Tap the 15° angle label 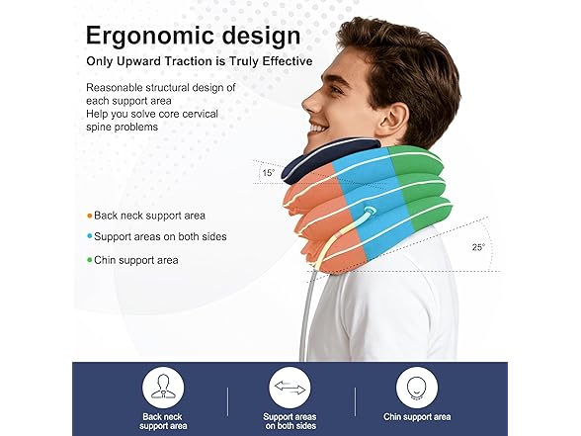[267, 174]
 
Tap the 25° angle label [477, 247]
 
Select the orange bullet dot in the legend [90, 215]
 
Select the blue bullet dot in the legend [90, 237]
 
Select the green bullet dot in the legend [90, 260]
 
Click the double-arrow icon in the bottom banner [290, 387]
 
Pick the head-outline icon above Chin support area [417, 387]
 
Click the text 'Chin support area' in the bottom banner [417, 417]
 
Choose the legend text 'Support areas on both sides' [160, 237]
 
